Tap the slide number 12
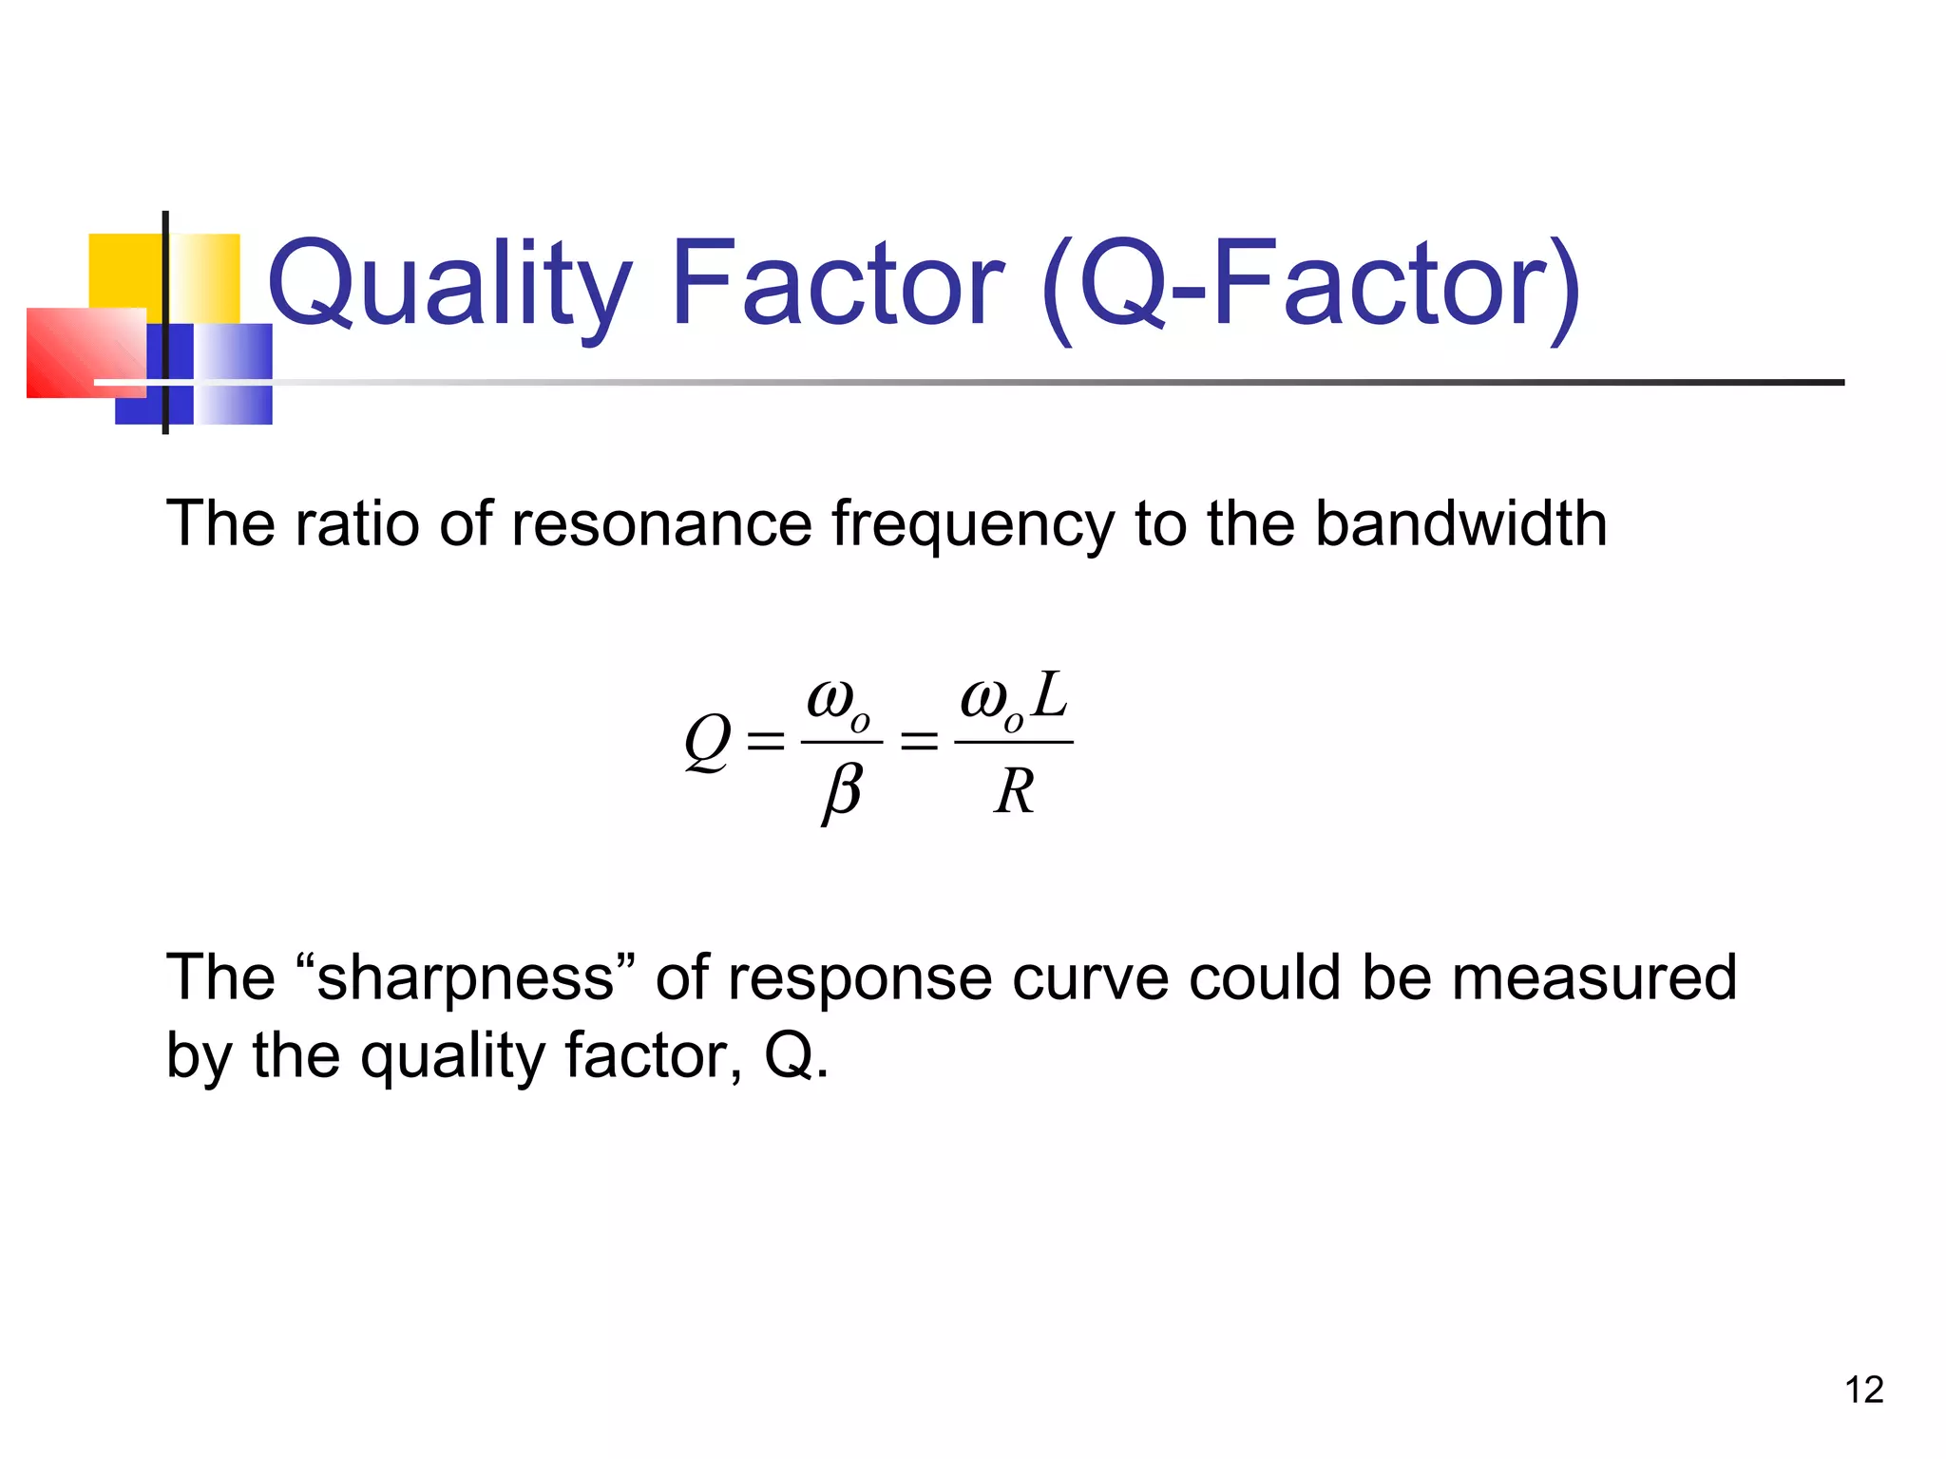pyautogui.click(x=1863, y=1391)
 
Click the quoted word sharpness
pyautogui.click(x=465, y=977)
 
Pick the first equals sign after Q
pyautogui.click(x=766, y=741)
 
